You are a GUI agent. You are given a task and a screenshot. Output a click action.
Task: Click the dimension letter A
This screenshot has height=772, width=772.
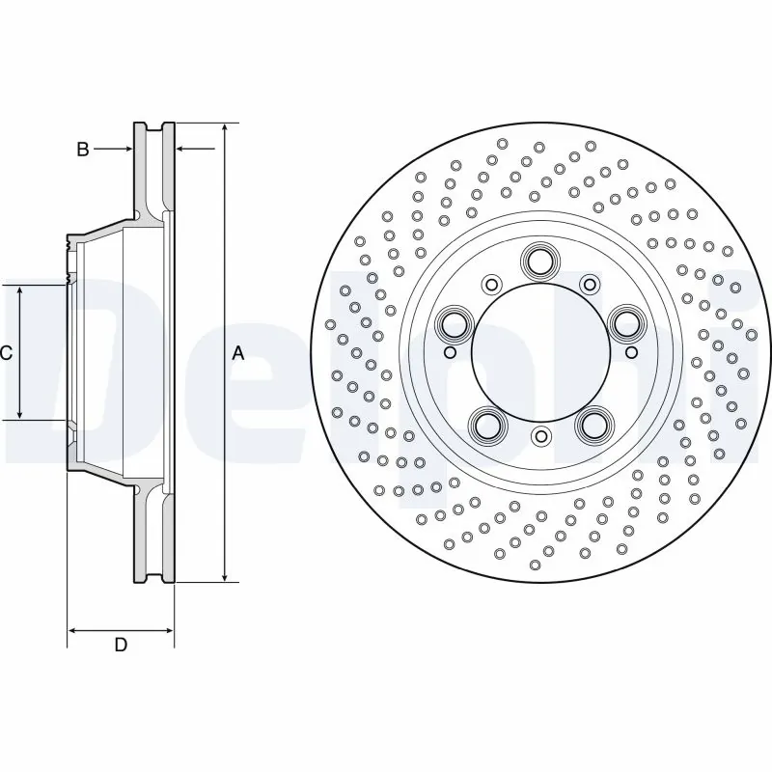point(238,353)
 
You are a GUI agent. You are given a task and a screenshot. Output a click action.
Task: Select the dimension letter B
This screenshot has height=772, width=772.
point(83,149)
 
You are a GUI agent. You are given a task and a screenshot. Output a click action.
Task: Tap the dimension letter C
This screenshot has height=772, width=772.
point(6,353)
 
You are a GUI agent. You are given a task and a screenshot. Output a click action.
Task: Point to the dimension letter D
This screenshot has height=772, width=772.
point(121,645)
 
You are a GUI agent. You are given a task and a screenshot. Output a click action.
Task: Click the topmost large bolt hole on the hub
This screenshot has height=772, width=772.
point(539,260)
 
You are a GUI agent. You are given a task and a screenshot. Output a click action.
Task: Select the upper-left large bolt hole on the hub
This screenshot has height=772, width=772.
point(453,323)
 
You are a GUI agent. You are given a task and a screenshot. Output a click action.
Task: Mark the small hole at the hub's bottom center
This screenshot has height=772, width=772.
point(540,437)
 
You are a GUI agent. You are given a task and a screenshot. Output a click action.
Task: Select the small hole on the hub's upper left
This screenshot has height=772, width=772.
point(491,284)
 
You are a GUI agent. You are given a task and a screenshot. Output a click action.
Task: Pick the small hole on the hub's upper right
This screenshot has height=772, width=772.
point(589,284)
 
